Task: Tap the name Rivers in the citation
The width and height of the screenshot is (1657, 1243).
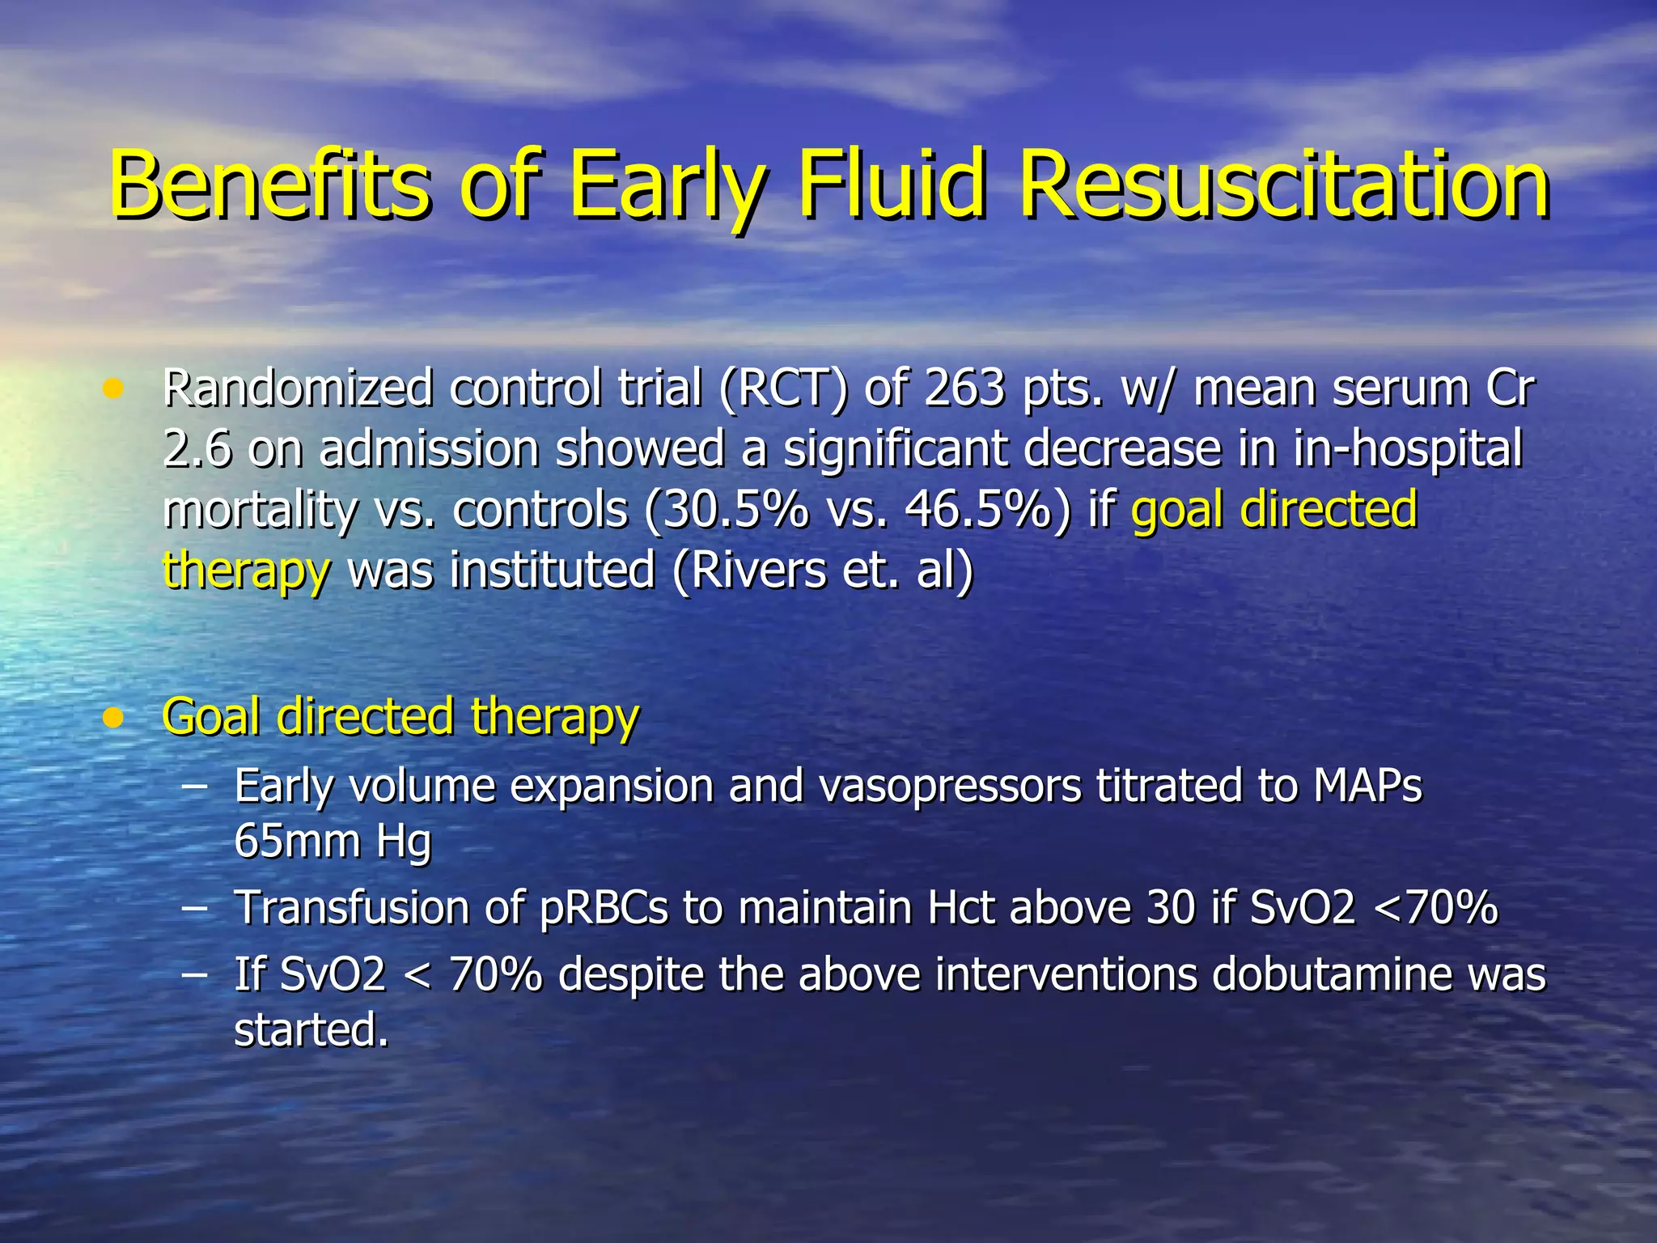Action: click(748, 570)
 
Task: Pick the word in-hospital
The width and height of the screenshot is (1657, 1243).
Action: click(1407, 449)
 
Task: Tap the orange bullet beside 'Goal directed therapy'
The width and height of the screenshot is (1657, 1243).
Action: click(113, 718)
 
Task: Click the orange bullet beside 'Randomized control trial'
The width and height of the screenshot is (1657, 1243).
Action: click(113, 390)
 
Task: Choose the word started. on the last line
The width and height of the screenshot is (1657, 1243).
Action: click(311, 1030)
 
